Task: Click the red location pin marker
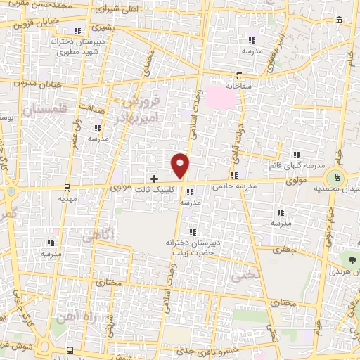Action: point(181,165)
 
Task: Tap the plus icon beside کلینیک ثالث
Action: point(155,179)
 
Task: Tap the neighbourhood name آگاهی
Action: point(97,238)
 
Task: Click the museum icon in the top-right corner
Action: point(341,20)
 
